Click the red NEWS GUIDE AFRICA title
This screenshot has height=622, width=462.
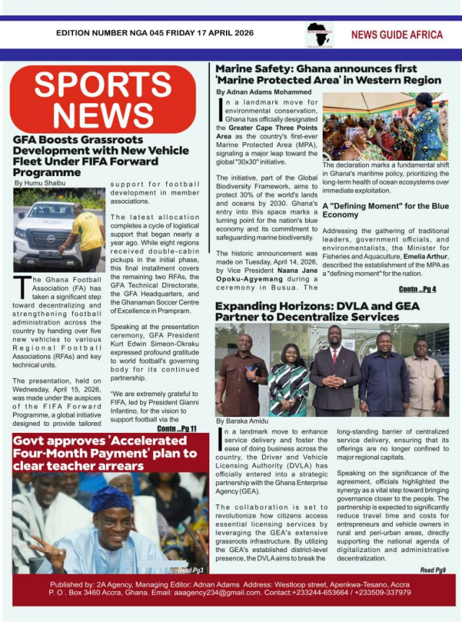point(396,35)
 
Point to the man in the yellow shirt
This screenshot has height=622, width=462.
point(88,235)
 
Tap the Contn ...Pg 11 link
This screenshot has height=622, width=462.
point(176,429)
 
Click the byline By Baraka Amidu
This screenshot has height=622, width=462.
point(242,420)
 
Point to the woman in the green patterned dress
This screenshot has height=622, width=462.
point(289,382)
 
